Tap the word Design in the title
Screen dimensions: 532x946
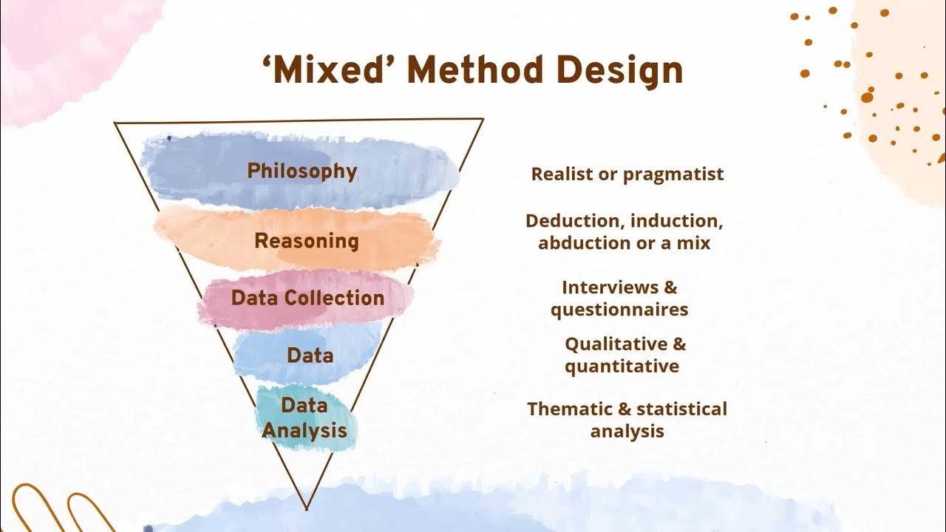[620, 70]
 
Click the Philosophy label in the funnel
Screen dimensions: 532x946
[302, 171]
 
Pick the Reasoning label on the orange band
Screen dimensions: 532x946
[306, 241]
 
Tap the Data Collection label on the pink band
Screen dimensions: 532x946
[307, 298]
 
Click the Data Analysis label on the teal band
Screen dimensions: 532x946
[304, 417]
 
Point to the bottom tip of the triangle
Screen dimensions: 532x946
[306, 509]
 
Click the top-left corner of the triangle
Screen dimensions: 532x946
[115, 123]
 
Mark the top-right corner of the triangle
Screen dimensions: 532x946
[483, 119]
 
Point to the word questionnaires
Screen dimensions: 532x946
[619, 310]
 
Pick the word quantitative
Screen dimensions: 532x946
[622, 366]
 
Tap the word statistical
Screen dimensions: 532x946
[681, 409]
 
